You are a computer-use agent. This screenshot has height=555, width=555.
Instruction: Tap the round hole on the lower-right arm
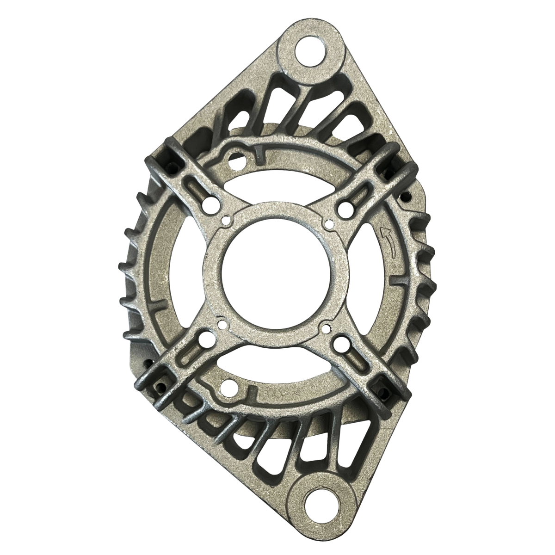(x=342, y=344)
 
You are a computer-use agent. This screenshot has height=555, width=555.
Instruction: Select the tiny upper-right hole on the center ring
(x=329, y=224)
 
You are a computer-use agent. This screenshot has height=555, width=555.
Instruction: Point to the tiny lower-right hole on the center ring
(x=326, y=329)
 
